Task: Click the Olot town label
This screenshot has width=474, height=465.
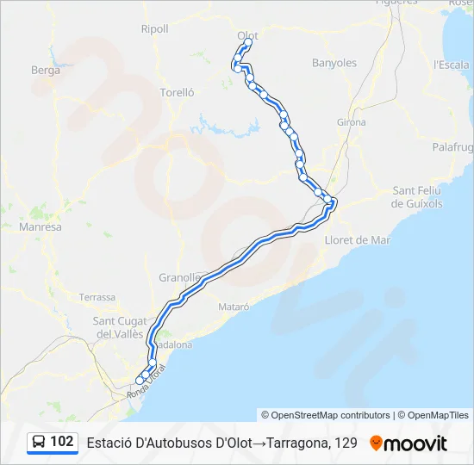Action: [x=247, y=34]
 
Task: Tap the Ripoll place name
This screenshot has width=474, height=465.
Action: [x=155, y=28]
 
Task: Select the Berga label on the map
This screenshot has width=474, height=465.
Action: [x=46, y=71]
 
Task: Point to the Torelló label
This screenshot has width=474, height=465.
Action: [x=178, y=92]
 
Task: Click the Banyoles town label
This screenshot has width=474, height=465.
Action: [x=334, y=63]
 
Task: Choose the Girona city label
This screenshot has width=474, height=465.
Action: [x=352, y=122]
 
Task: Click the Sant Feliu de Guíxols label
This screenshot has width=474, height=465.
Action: [x=416, y=196]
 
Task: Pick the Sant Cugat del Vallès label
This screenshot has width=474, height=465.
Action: [x=118, y=327]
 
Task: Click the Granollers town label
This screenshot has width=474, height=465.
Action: [x=178, y=277]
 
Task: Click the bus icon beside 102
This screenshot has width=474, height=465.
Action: [x=40, y=442]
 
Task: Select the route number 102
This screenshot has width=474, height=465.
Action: [x=62, y=442]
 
